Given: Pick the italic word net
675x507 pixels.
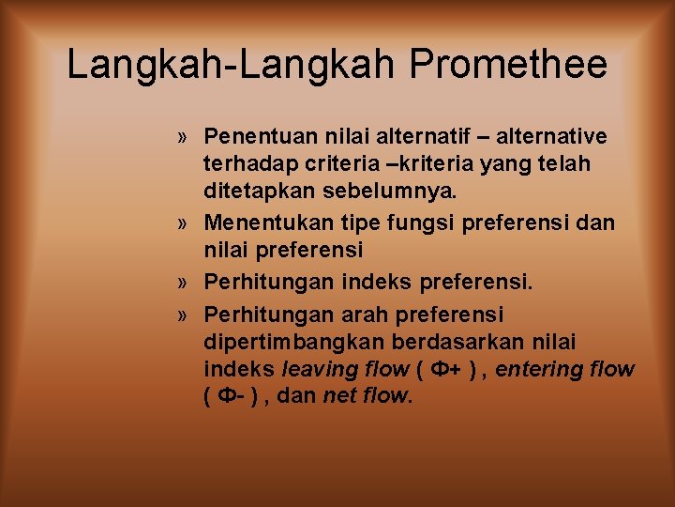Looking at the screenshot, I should coord(339,396).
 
